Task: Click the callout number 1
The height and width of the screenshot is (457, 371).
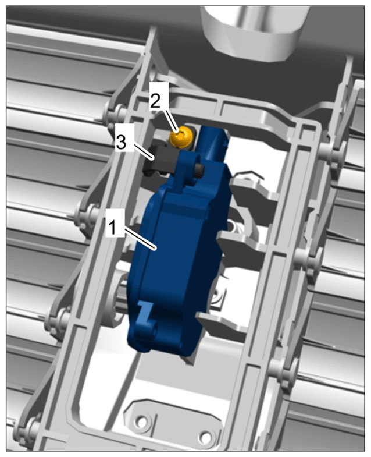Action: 112,227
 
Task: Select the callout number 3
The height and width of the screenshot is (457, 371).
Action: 121,142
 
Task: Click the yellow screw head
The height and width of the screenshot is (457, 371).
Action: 181,136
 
